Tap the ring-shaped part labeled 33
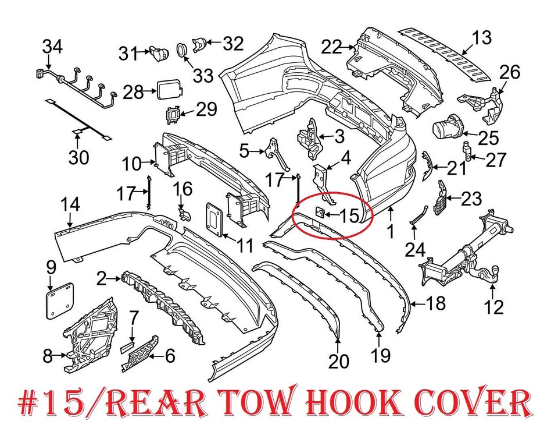point(181,49)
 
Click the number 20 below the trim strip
point(338,362)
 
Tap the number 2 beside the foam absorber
point(102,279)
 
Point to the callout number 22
point(333,47)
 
